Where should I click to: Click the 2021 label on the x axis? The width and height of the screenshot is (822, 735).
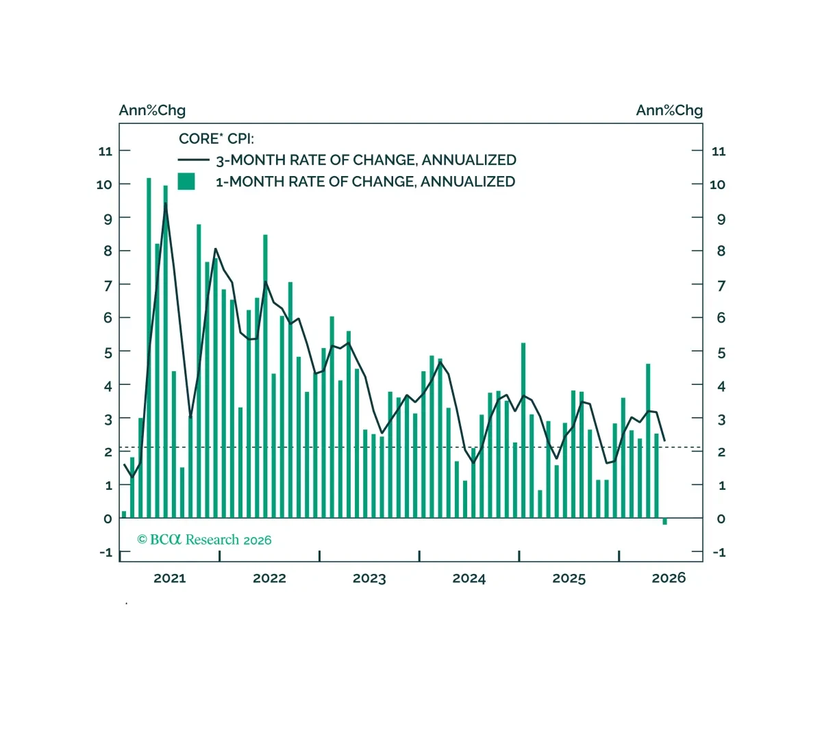(x=170, y=578)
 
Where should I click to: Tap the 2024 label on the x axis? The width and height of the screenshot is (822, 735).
(x=469, y=578)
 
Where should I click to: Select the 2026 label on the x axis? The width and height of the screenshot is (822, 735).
(x=669, y=577)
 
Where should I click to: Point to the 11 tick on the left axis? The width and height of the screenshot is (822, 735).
(x=105, y=151)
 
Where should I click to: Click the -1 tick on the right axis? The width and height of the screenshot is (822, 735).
(x=719, y=552)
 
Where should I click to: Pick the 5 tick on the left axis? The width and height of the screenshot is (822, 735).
(x=108, y=353)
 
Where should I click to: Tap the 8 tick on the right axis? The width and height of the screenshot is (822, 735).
(x=721, y=251)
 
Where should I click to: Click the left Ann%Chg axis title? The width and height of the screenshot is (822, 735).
(x=152, y=110)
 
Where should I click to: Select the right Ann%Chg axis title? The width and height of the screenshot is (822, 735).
(x=669, y=110)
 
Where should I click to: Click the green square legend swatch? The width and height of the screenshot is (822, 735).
(x=186, y=181)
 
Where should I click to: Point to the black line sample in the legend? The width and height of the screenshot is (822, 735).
(x=194, y=160)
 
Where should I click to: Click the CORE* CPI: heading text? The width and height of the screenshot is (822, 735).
(x=216, y=139)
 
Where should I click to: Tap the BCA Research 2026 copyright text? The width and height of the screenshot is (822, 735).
(x=204, y=539)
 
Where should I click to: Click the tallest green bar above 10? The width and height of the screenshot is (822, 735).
(x=149, y=348)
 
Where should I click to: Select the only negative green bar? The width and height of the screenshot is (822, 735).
(x=664, y=521)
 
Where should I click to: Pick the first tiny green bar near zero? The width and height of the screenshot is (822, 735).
(x=124, y=514)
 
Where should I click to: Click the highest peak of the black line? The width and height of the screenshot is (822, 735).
(x=166, y=203)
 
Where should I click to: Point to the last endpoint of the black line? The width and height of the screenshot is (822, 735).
(x=664, y=440)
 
